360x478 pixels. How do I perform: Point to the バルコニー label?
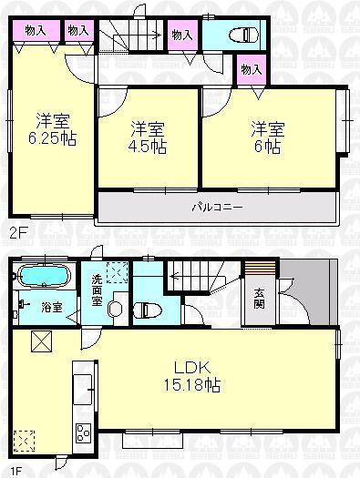pyautogui.click(x=216, y=207)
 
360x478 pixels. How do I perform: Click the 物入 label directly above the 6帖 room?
pyautogui.click(x=249, y=70)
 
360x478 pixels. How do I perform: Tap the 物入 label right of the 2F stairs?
pyautogui.click(x=182, y=35)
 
